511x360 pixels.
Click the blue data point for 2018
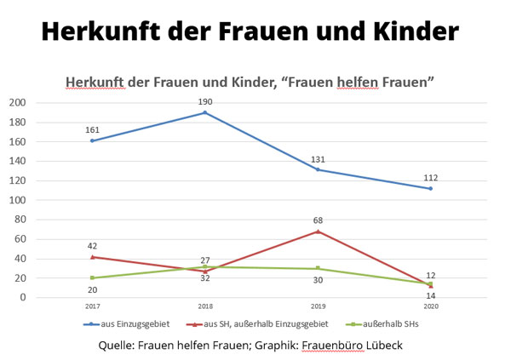pos(205,112)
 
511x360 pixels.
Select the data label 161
pos(92,130)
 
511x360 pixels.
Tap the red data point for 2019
pos(318,231)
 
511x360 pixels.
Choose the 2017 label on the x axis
pos(92,306)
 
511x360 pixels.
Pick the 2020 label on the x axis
pos(430,306)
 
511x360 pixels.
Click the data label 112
pos(430,178)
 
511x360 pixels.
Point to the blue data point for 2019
pos(318,169)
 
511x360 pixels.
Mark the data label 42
pos(92,246)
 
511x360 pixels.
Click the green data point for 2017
pos(92,277)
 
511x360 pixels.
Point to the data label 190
pos(205,102)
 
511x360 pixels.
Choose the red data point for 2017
pos(92,256)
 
